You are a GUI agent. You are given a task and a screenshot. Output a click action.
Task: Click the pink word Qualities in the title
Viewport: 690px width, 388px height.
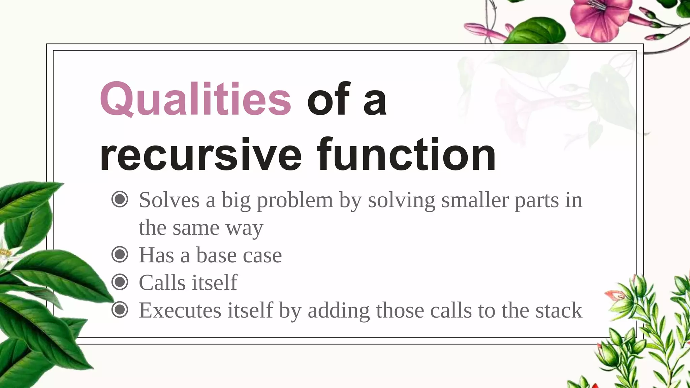tap(195, 99)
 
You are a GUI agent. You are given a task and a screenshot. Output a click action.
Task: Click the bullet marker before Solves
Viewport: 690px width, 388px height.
tap(120, 199)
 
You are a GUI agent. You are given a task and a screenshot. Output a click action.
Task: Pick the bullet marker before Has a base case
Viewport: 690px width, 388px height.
tap(120, 255)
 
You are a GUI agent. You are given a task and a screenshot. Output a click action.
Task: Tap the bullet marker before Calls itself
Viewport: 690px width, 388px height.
tap(120, 282)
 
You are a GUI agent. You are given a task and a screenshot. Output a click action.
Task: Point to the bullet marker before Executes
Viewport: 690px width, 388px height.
tap(120, 310)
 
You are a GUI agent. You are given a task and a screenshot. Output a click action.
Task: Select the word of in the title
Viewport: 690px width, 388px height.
tap(328, 99)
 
